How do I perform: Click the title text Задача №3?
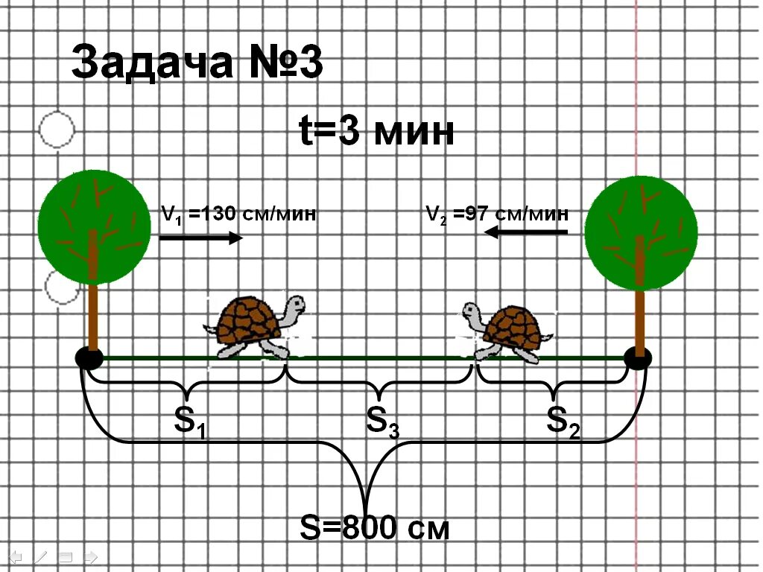197,63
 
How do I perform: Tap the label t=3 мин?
376,133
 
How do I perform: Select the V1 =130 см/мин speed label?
238,214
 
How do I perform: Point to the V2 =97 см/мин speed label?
497,214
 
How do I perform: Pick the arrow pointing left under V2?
525,232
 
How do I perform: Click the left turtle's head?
295,306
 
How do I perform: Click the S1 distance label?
189,422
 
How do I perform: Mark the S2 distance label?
563,422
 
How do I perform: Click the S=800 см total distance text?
375,528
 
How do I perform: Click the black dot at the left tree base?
89,357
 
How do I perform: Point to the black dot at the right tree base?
638,358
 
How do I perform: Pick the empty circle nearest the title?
57,130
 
